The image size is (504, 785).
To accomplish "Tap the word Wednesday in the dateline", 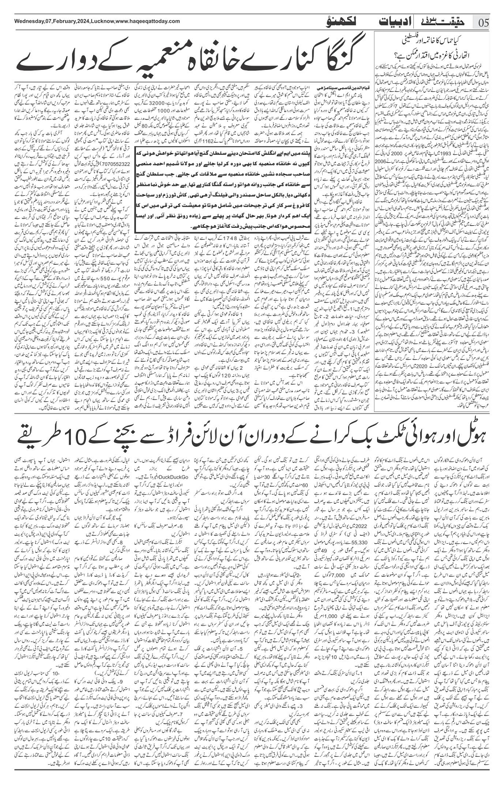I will pyautogui.click(x=21, y=21).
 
